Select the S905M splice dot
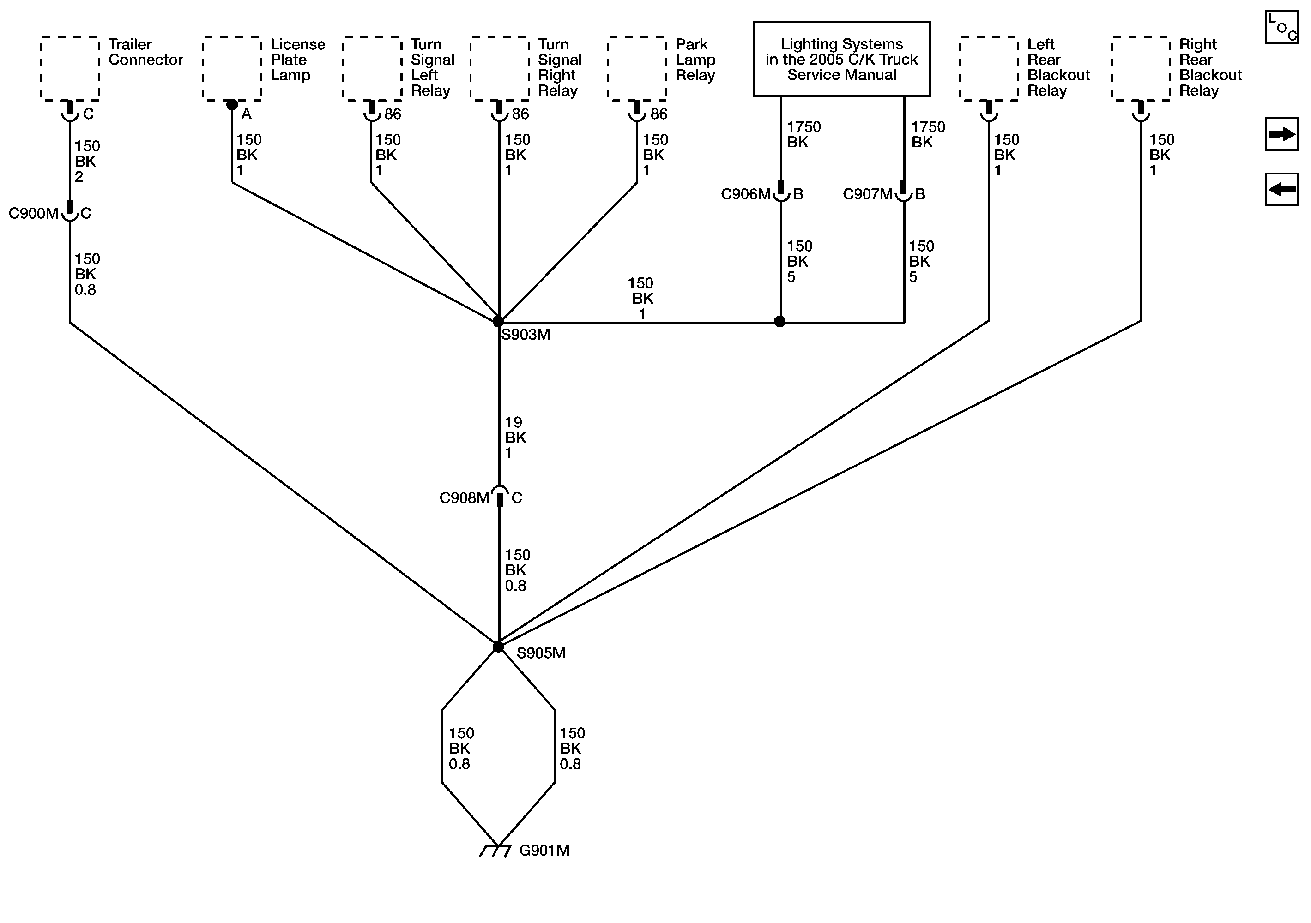498,647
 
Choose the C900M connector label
33,214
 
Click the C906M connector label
745,195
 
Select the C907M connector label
867,195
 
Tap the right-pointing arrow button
1281,135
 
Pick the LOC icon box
1281,27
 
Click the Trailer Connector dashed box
70,69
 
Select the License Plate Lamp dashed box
232,69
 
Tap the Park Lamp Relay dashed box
637,69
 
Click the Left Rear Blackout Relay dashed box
988,69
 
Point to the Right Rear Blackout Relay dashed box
1140,69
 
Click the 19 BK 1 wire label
515,438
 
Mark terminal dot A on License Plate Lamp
232,104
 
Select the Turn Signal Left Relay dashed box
372,69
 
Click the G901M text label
544,851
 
